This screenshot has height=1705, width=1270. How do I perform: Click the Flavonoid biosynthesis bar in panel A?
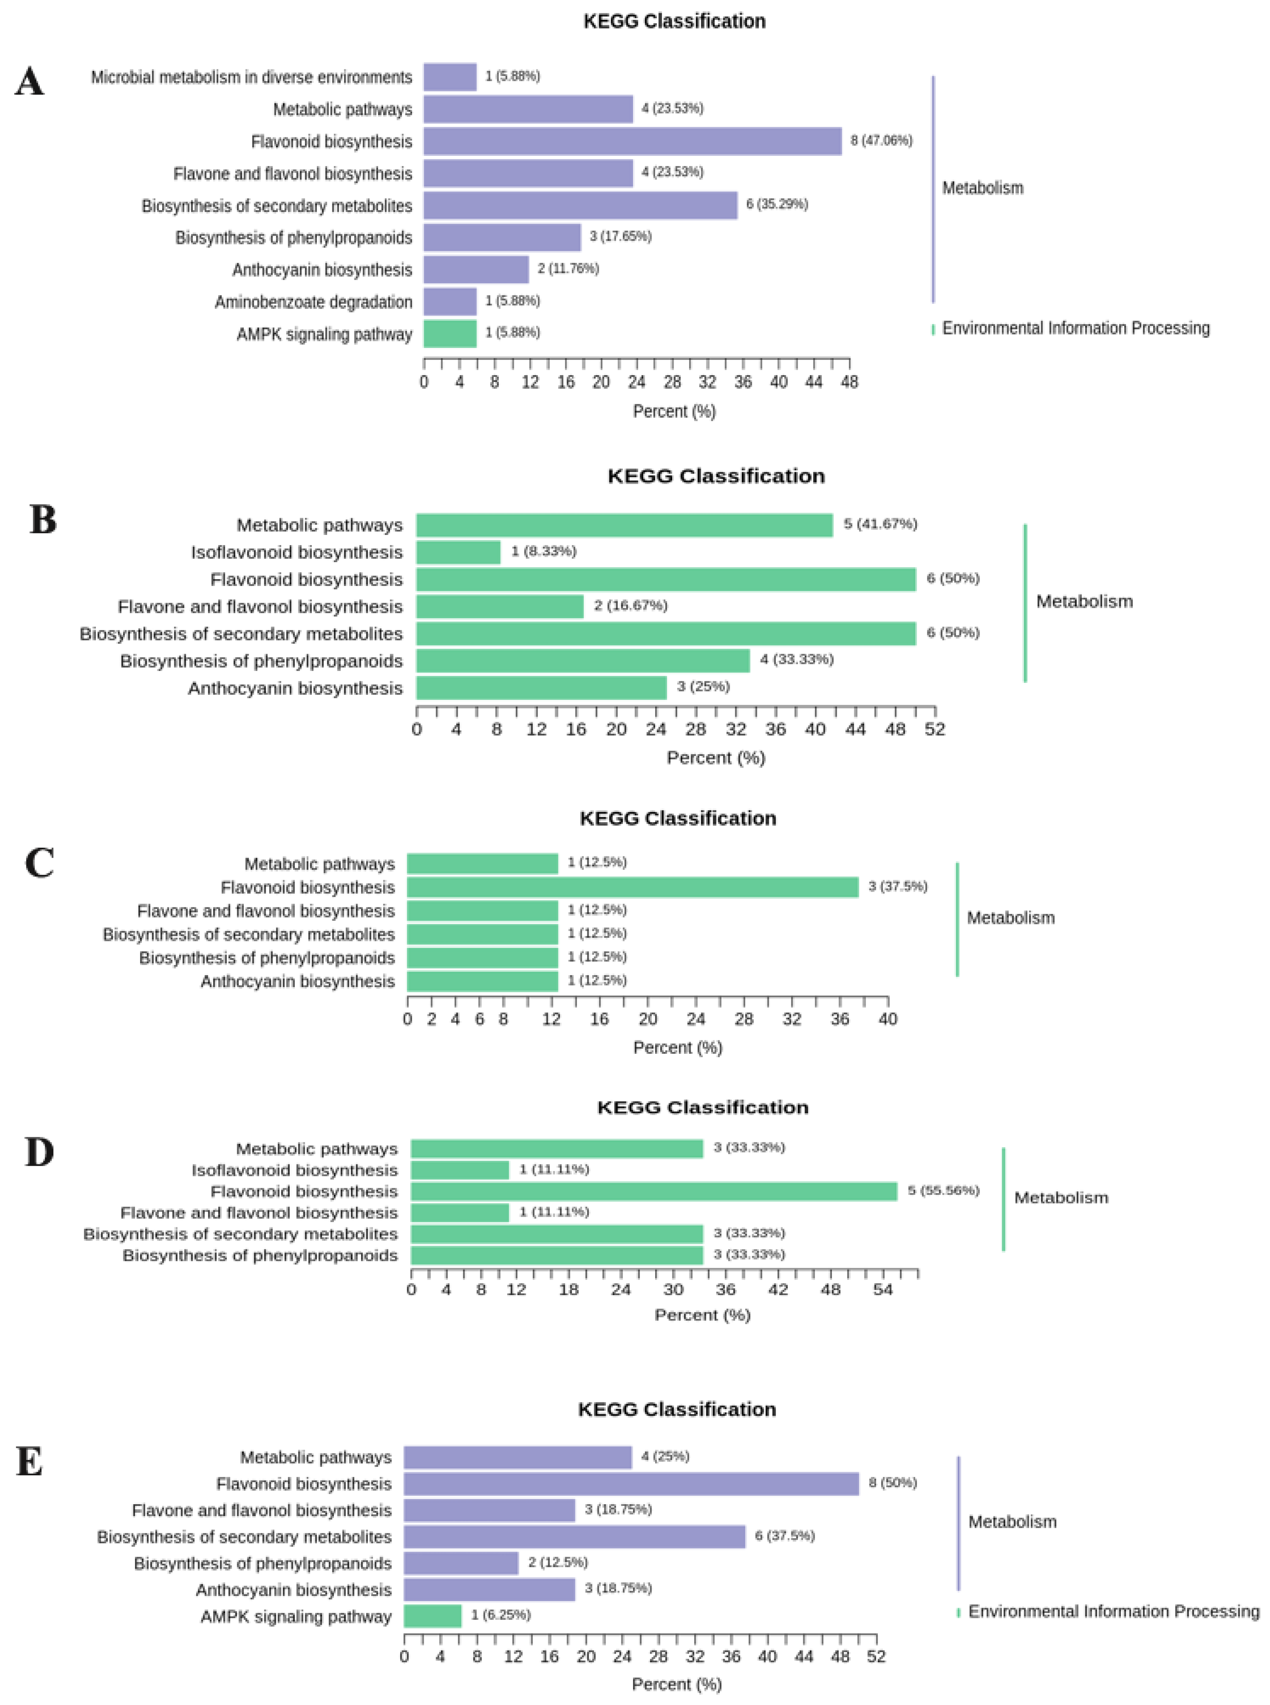633,141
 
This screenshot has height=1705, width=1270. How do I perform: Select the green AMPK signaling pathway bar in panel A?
450,333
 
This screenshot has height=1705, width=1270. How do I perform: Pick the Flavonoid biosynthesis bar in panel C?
633,888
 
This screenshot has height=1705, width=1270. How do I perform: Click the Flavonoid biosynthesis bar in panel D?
654,1191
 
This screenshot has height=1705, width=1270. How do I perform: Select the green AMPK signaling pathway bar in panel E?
433,1616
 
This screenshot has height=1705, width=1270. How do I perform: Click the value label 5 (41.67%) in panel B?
880,524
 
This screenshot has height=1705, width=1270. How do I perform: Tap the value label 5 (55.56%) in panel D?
943,1190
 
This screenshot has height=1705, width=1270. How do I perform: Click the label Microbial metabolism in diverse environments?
251,78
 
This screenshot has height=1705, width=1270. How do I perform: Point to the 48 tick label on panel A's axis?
849,382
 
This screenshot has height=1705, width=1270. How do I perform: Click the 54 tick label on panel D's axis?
882,1289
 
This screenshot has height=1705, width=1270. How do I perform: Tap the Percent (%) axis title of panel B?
716,757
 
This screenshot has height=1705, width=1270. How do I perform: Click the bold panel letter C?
39,863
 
